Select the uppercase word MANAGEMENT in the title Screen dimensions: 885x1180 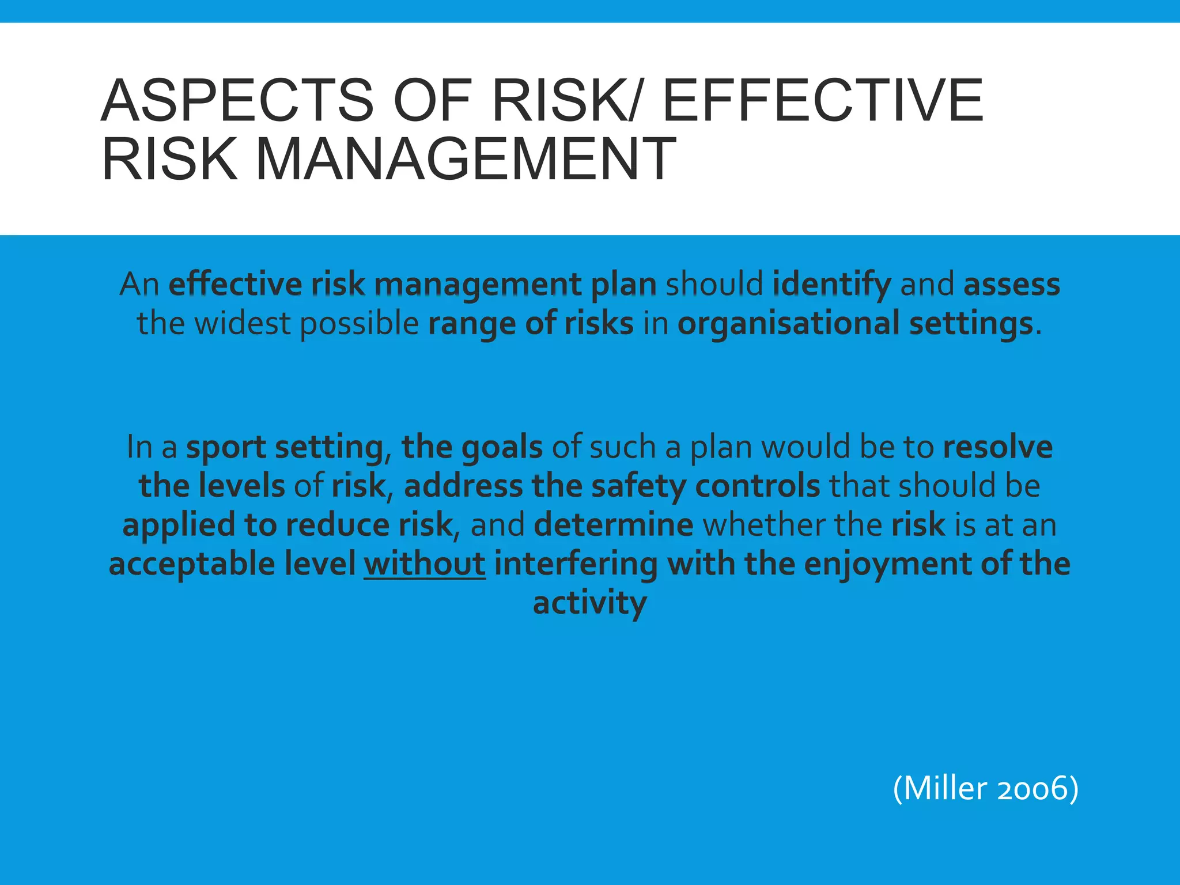[x=466, y=158]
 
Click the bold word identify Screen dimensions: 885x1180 [x=831, y=284]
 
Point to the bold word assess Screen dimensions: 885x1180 [x=1012, y=284]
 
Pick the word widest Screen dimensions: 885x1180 [x=242, y=323]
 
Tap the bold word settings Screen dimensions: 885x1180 [x=971, y=324]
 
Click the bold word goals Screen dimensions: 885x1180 [x=502, y=448]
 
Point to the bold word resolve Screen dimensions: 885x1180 [x=998, y=447]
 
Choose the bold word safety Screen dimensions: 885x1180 [x=639, y=486]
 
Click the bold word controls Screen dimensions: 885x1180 [x=758, y=486]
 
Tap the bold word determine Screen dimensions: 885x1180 [x=614, y=524]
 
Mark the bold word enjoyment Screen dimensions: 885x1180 [x=888, y=564]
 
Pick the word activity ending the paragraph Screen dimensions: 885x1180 [x=589, y=603]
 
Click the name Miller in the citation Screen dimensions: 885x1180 [x=945, y=788]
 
